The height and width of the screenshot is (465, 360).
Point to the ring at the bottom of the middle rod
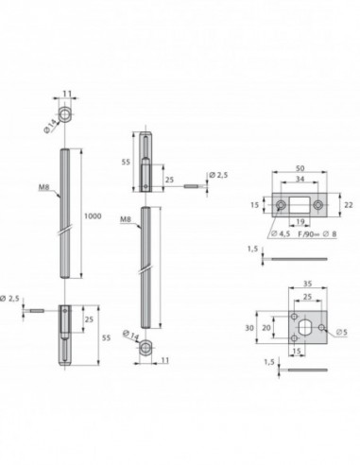click(147, 351)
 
